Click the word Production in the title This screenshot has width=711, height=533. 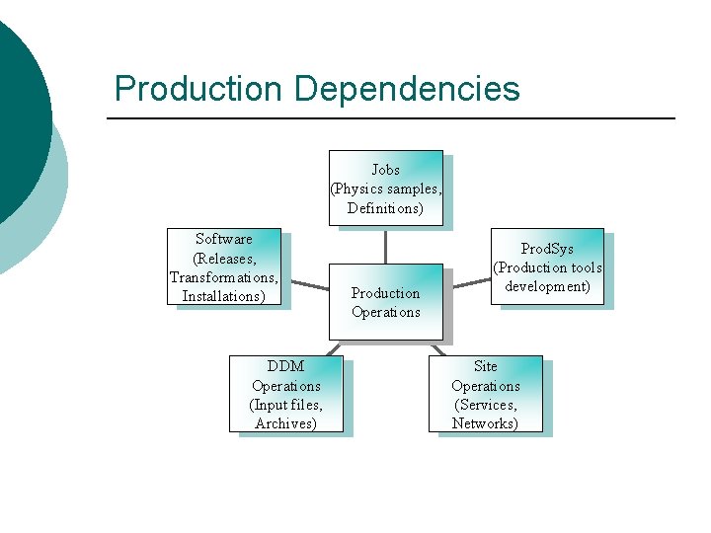(x=198, y=89)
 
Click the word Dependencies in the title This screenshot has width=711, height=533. (x=407, y=89)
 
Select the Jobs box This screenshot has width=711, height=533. (x=385, y=188)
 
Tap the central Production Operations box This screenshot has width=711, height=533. (x=385, y=302)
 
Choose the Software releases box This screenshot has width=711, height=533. (x=223, y=266)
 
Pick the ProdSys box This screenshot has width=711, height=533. (x=547, y=266)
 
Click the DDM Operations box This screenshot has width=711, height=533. (x=285, y=394)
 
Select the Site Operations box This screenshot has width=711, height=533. (x=485, y=394)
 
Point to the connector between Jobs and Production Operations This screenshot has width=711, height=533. (x=385, y=245)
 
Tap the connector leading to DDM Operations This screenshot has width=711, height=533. (x=333, y=347)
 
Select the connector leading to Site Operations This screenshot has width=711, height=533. (x=437, y=347)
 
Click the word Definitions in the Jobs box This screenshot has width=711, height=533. (x=385, y=208)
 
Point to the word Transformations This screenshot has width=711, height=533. (x=223, y=277)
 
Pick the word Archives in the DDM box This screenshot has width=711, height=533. (x=285, y=423)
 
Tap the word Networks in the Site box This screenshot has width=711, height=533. (x=485, y=423)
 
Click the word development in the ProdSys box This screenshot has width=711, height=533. (x=547, y=286)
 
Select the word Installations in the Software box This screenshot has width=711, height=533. (x=223, y=296)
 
